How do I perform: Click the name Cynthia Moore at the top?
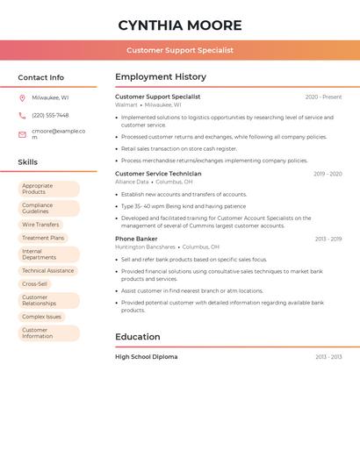click(179, 25)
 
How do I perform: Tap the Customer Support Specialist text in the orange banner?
click(179, 50)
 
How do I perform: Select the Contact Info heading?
click(40, 77)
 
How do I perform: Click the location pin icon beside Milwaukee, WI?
click(22, 97)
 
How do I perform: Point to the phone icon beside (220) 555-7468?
click(22, 115)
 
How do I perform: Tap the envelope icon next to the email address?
click(22, 134)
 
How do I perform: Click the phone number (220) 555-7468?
click(50, 115)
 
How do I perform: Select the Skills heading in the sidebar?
click(27, 162)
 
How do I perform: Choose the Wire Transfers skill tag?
click(41, 225)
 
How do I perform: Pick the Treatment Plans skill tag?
click(43, 238)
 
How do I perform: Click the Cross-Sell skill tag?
click(35, 284)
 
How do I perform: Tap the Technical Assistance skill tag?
click(48, 271)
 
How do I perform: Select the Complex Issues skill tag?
click(42, 317)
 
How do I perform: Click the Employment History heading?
click(161, 77)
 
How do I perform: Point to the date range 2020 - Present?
click(323, 97)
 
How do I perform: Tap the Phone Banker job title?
click(136, 239)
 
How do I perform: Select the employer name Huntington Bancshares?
click(145, 247)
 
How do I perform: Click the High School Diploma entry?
click(146, 357)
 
